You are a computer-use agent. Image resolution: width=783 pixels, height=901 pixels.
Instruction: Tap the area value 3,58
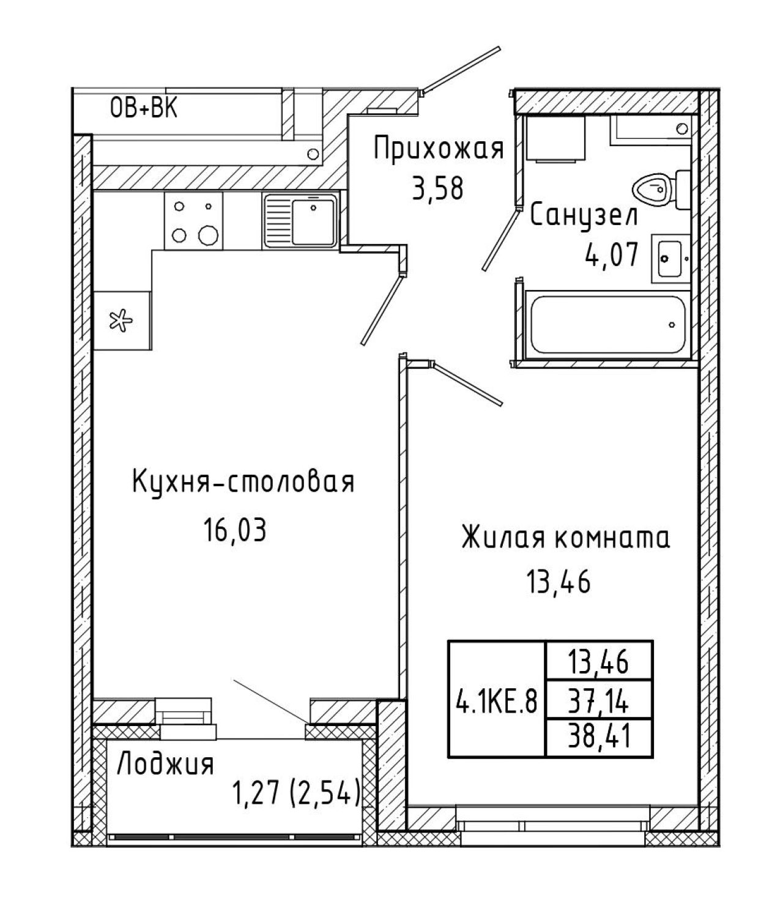(438, 188)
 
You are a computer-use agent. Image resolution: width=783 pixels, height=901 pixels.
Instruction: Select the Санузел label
(584, 216)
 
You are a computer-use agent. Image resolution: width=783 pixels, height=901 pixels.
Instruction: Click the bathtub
(607, 325)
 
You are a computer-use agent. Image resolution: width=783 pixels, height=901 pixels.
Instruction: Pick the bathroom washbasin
(671, 259)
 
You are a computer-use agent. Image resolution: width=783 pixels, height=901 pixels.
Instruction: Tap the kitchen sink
(301, 220)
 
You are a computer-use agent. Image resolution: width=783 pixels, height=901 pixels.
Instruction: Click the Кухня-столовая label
(243, 483)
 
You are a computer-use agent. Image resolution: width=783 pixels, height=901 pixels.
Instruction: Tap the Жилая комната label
(566, 538)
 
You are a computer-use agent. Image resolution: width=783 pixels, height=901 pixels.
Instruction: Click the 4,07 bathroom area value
(611, 254)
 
